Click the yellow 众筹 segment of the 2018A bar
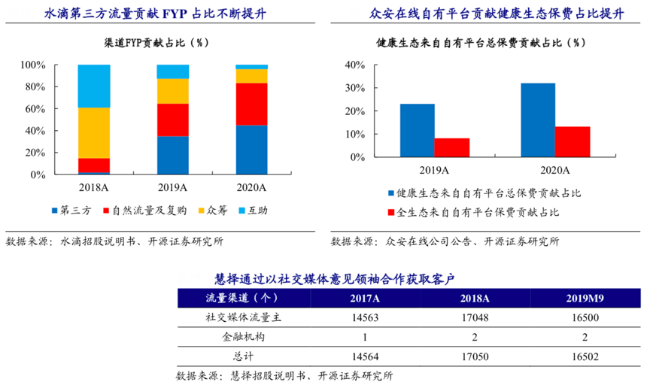[93, 133]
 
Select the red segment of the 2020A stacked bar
[251, 104]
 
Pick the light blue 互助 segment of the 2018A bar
[93, 86]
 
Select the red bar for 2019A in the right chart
[451, 148]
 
